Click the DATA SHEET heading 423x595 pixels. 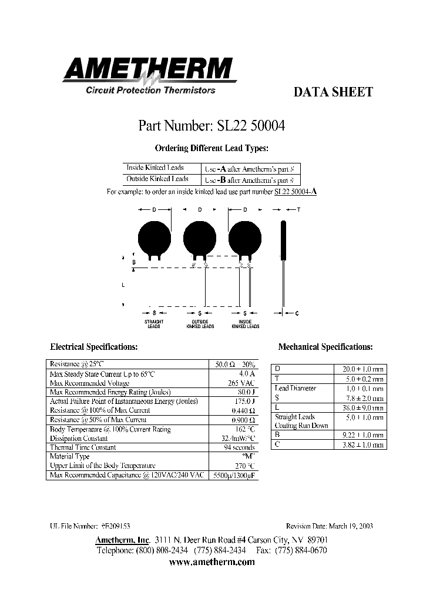[x=333, y=92]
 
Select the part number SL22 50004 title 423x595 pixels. [x=211, y=125]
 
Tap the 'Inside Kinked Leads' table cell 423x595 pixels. [x=155, y=168]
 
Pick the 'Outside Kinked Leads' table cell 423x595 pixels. [x=157, y=179]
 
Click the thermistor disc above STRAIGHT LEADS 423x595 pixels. [x=154, y=236]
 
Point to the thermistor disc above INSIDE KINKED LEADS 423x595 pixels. [x=244, y=236]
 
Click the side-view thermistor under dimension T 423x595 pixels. [x=283, y=240]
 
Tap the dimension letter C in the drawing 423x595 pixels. [x=297, y=313]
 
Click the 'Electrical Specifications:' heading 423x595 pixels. [x=94, y=347]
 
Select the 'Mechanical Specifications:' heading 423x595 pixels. [x=325, y=347]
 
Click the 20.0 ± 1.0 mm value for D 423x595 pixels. [x=362, y=369]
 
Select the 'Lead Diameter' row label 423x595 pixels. [x=296, y=388]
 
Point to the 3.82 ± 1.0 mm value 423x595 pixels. [x=362, y=445]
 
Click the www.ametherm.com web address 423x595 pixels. [x=211, y=562]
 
